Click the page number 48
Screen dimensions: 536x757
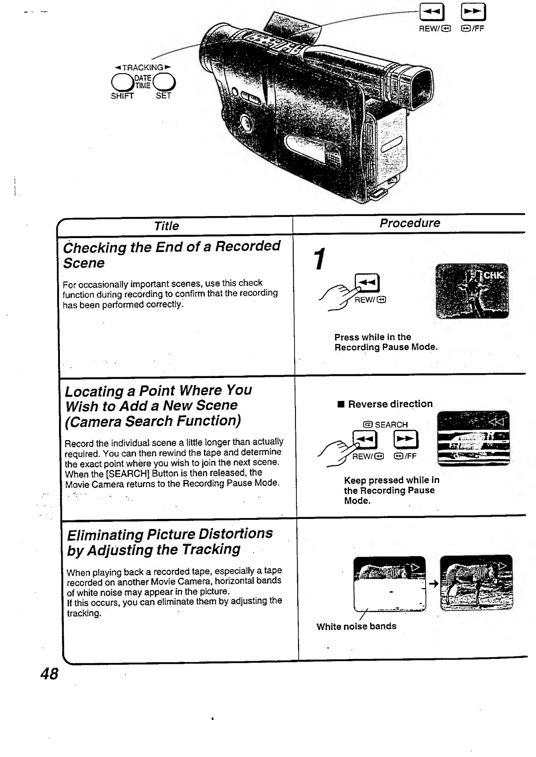(49, 674)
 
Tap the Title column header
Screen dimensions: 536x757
(166, 226)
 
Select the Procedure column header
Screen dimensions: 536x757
(409, 223)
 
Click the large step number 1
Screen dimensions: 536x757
(319, 260)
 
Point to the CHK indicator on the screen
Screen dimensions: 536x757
(493, 275)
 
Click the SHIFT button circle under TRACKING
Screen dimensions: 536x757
(122, 82)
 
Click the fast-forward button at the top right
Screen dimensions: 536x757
(473, 12)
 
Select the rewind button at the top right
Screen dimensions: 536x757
(432, 12)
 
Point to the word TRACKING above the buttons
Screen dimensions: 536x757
(143, 68)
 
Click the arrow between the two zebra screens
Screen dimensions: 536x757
(433, 584)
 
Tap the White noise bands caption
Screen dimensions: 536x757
(356, 626)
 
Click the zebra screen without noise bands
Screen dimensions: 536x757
(476, 583)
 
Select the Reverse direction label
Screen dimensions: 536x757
(390, 404)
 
